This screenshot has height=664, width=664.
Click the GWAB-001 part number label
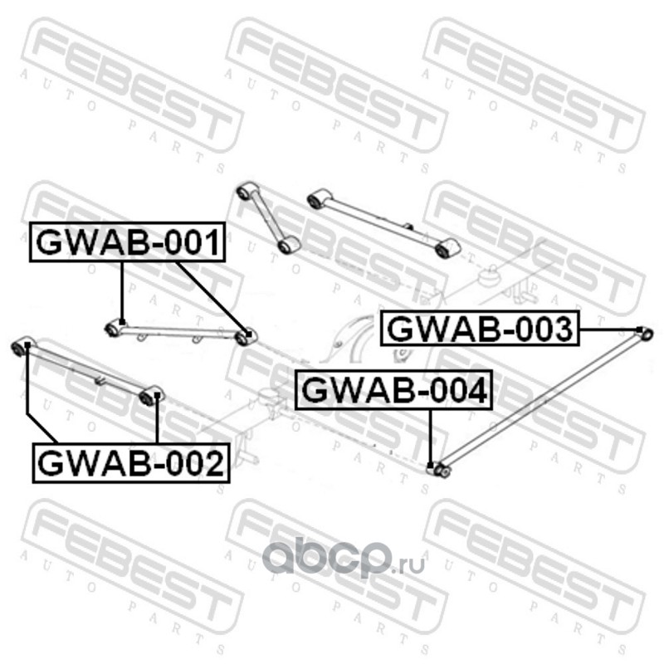[127, 242]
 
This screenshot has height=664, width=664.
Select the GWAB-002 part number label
[130, 462]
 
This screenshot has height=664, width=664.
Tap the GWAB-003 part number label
[480, 329]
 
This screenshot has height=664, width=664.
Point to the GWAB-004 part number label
[394, 390]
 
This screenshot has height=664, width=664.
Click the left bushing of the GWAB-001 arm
[114, 330]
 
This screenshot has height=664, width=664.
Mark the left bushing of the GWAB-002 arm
[23, 344]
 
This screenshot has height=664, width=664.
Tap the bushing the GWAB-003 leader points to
[647, 334]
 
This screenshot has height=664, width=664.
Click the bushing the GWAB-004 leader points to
[440, 471]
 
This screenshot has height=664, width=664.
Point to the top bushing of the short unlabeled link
[245, 193]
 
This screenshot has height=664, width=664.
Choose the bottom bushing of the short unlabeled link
[289, 245]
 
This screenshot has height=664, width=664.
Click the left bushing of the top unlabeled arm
[315, 199]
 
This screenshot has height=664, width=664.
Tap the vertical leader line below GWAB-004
[430, 436]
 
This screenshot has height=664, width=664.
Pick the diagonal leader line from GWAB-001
[211, 297]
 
